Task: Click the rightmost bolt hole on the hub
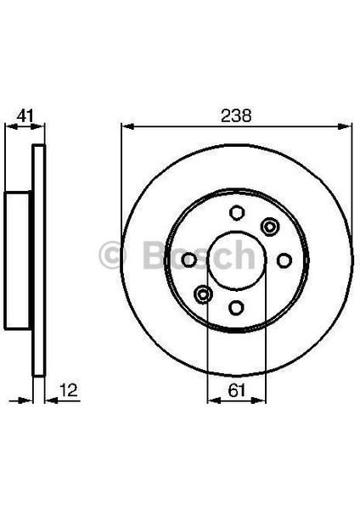pyautogui.click(x=284, y=260)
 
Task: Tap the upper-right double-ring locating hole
pyautogui.click(x=270, y=226)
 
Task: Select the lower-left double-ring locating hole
pyautogui.click(x=203, y=294)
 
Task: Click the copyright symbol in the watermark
pyautogui.click(x=114, y=255)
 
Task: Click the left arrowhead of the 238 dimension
pyautogui.click(x=127, y=127)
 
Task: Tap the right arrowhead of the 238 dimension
pyautogui.click(x=346, y=127)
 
